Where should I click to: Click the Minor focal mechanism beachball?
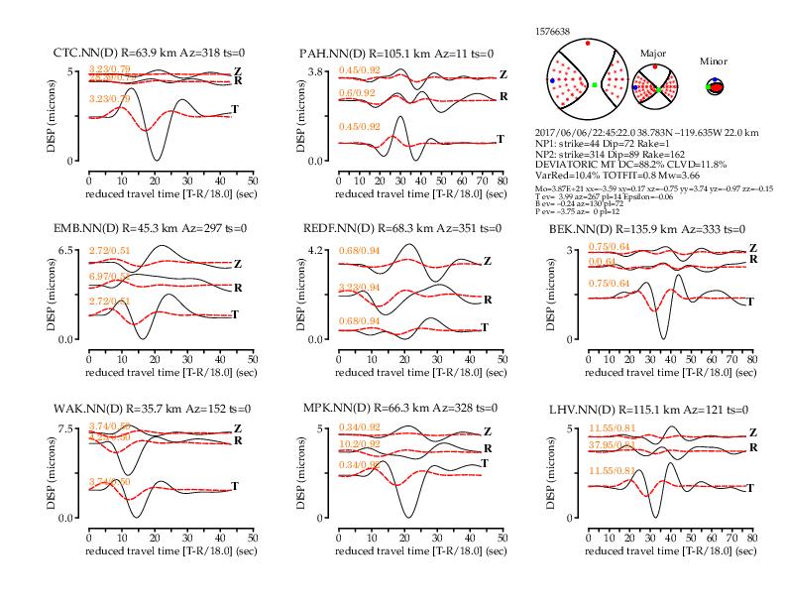point(714,86)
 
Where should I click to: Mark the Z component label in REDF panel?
point(487,262)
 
